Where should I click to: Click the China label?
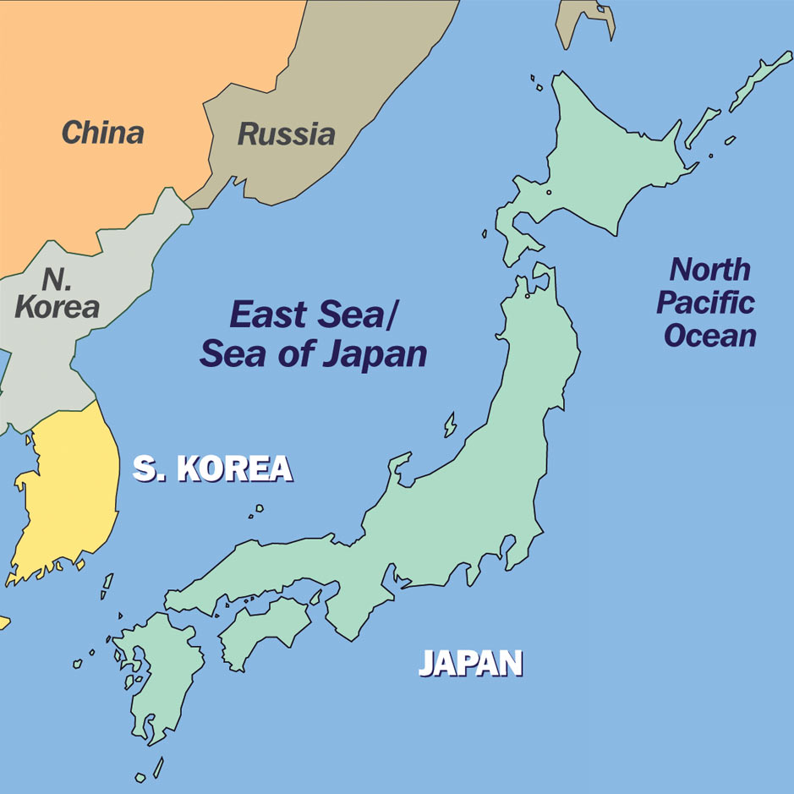102,132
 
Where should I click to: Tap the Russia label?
286,134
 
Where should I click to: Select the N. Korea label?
57,293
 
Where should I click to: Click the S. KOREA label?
212,468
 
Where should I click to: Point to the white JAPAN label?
470,663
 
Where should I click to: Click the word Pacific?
705,303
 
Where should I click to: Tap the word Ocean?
709,336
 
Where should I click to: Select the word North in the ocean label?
709,270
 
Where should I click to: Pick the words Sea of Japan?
313,353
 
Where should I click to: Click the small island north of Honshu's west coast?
451,424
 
